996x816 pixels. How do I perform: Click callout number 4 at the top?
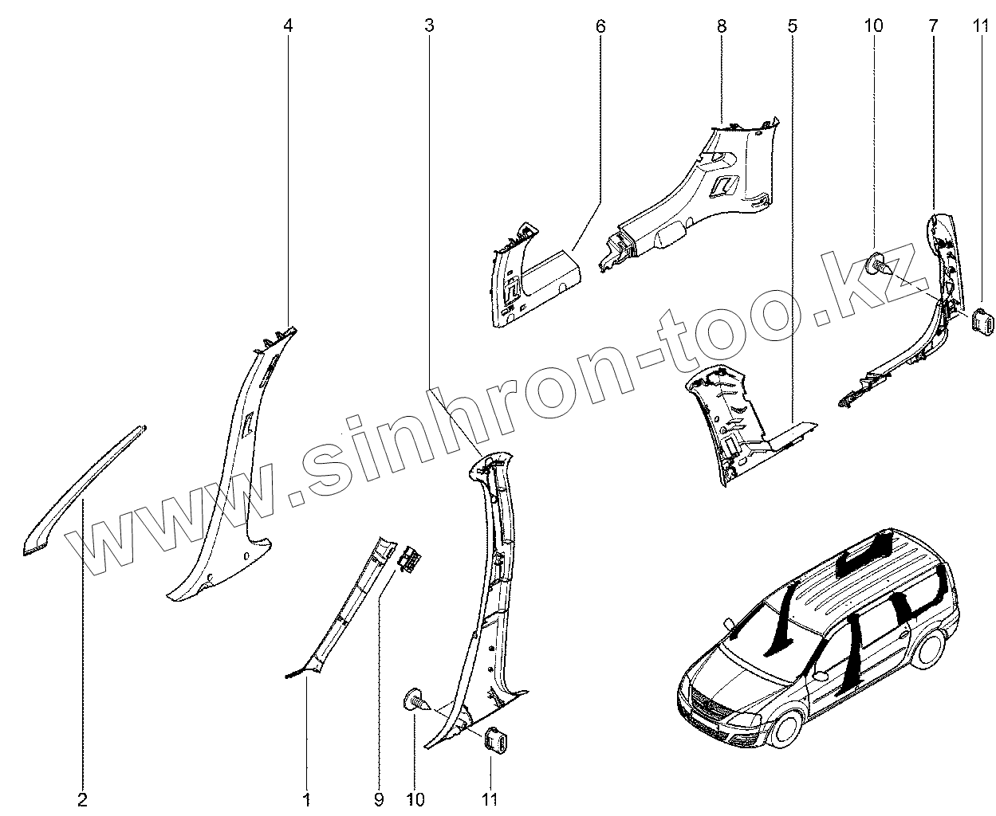click(289, 25)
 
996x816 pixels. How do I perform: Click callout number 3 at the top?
click(430, 25)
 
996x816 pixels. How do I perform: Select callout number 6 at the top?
click(600, 25)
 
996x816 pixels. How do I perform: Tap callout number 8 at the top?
click(722, 25)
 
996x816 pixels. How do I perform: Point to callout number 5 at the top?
click(792, 25)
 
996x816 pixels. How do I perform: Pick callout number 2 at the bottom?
click(83, 798)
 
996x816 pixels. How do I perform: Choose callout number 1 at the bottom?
click(306, 798)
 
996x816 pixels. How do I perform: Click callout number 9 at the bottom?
click(379, 798)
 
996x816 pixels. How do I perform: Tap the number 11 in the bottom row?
click(490, 798)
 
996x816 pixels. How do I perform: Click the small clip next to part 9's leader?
click(411, 557)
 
